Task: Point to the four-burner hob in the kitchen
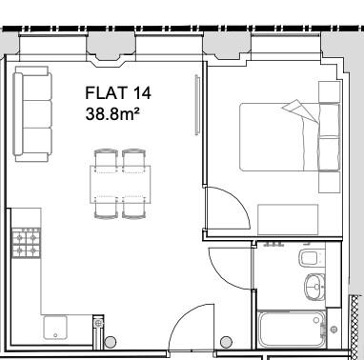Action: [x=25, y=244]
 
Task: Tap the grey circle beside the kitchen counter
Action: [x=110, y=341]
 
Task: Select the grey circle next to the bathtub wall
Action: [x=226, y=342]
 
